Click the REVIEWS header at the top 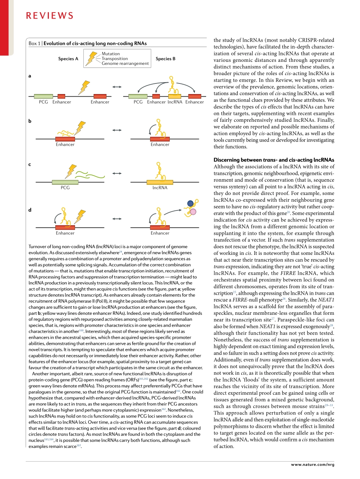(49, 16)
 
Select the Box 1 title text (88, 43)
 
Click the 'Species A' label (68, 59)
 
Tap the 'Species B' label (166, 59)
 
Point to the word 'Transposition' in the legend (114, 59)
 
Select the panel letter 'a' (30, 76)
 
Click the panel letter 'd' (30, 210)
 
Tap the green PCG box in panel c (65, 182)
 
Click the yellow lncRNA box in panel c (160, 182)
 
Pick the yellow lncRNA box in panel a (175, 96)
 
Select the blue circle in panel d (190, 204)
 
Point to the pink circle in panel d (193, 211)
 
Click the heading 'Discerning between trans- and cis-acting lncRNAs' (274, 160)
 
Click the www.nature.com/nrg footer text (313, 464)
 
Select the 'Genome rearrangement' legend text (125, 64)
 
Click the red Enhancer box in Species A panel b (65, 139)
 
